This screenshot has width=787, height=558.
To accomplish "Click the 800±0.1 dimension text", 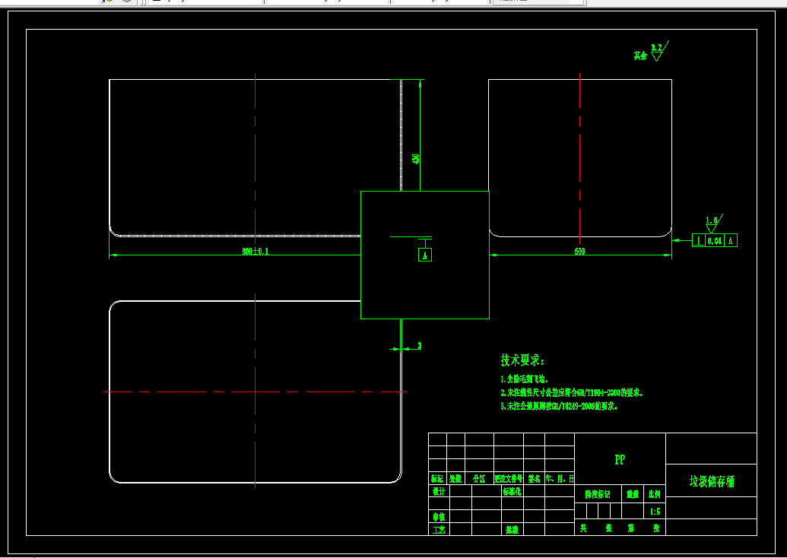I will coord(255,251).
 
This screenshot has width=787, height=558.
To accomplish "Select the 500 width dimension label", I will coord(579,251).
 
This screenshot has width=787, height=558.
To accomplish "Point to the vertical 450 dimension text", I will coord(416,159).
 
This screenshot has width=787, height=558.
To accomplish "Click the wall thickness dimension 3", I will coord(419,346).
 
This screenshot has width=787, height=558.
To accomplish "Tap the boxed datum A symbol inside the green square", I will coord(426,255).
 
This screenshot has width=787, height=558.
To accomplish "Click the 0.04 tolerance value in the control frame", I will coord(715,240).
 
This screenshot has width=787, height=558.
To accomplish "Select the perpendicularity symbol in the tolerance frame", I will coord(698,240).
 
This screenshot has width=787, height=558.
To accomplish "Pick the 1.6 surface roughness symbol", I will coord(712,223).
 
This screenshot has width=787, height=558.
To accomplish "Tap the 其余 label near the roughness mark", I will coord(640,55).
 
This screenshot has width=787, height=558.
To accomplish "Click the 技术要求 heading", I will coord(522,360).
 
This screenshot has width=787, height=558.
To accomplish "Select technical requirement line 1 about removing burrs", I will coord(524,378).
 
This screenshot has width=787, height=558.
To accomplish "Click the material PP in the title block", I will coord(620,460).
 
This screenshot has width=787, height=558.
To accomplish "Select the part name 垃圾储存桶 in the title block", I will coord(712,481).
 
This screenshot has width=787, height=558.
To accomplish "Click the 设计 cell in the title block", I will coord(438,491).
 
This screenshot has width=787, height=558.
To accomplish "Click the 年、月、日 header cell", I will coord(560,479).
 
